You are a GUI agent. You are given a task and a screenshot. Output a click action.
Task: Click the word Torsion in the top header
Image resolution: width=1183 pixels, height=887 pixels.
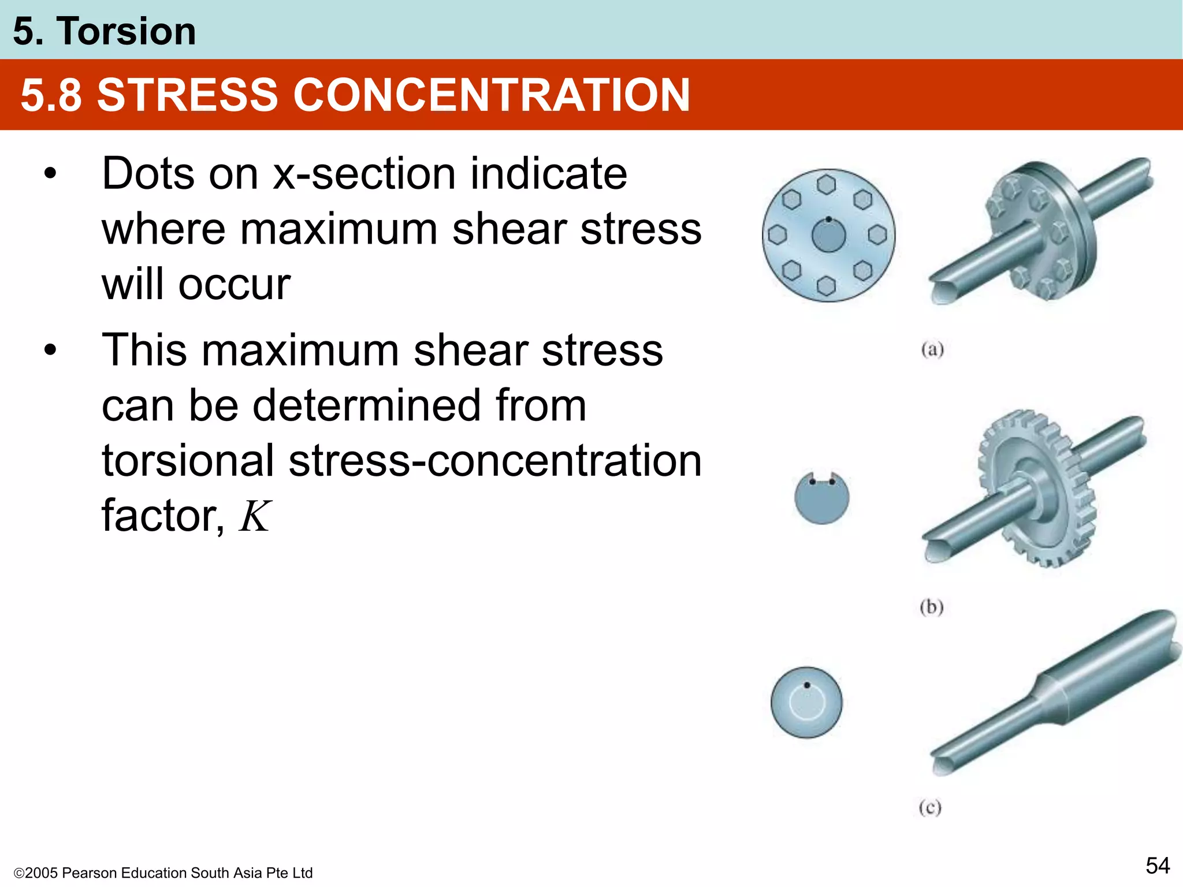[x=126, y=31]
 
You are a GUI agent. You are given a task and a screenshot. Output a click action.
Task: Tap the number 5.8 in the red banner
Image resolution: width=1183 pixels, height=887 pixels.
[x=51, y=95]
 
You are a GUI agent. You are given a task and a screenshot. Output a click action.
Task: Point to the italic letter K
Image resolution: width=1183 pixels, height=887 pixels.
[x=254, y=516]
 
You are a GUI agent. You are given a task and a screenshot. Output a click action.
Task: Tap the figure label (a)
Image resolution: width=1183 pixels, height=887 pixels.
[x=932, y=349]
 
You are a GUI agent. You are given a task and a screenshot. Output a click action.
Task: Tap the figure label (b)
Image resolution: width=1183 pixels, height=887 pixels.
[x=931, y=607]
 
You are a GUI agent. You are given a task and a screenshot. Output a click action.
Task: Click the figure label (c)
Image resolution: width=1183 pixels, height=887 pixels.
[x=930, y=807]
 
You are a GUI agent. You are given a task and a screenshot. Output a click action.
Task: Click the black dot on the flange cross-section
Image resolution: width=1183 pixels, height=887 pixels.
[x=828, y=219]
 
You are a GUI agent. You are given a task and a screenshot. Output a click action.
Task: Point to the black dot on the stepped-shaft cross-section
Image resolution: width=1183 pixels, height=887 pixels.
[x=807, y=685]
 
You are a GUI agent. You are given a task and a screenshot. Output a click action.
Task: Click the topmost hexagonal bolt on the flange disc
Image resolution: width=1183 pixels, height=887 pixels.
[x=827, y=185]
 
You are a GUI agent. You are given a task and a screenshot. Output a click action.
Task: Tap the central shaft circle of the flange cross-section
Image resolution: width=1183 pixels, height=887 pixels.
[x=828, y=236]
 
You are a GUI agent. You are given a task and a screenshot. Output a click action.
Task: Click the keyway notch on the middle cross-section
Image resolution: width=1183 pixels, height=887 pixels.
[x=822, y=478]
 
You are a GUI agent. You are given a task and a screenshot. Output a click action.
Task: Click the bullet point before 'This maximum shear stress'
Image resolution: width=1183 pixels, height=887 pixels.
[x=51, y=350]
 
